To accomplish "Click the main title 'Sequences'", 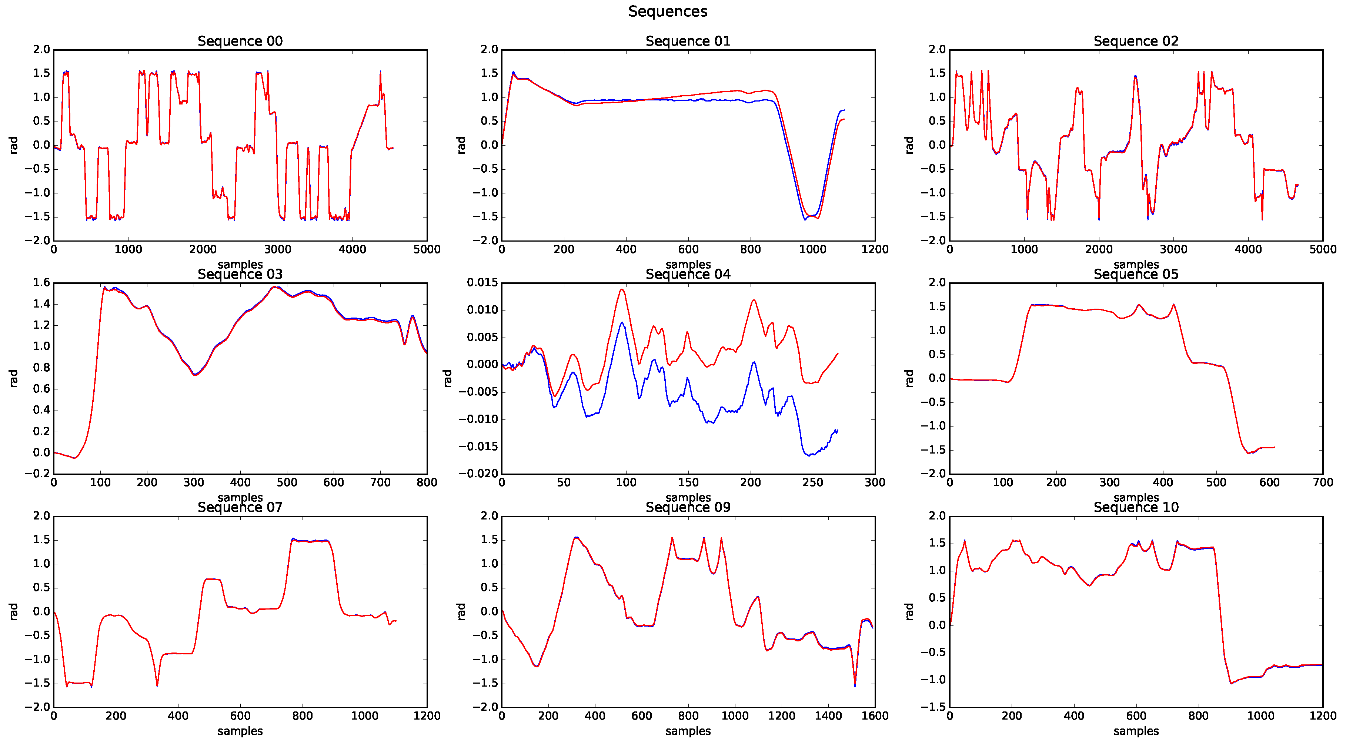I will [667, 11].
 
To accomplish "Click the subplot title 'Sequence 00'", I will [240, 41].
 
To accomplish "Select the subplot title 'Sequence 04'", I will [688, 275].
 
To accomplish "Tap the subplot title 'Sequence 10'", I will [1136, 508].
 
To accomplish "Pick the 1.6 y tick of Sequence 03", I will [42, 283].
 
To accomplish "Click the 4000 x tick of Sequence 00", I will [352, 250].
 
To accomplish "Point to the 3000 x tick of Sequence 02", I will [1173, 250].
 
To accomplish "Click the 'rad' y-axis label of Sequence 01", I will [461, 145].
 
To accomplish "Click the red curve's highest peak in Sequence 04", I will [622, 289].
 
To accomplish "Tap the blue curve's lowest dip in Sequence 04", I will [809, 456].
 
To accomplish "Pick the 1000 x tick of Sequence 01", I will [812, 250].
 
